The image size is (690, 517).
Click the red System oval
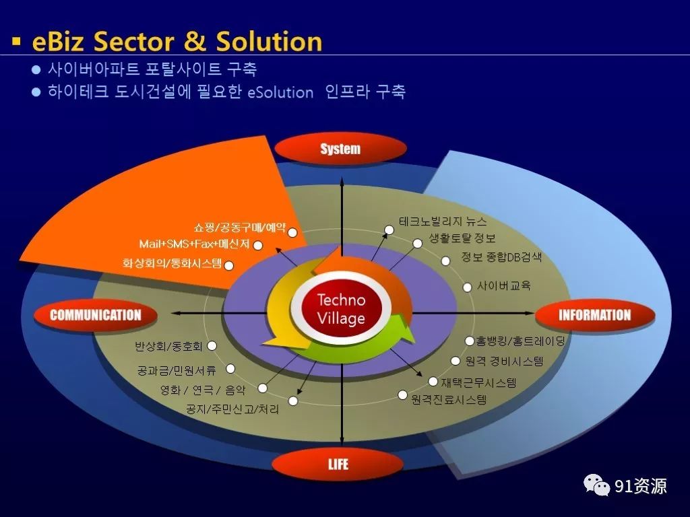pyautogui.click(x=340, y=149)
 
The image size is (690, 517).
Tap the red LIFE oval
pyautogui.click(x=338, y=464)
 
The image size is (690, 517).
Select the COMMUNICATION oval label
pyautogui.click(x=96, y=315)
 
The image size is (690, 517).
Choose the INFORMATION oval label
pyautogui.click(x=594, y=315)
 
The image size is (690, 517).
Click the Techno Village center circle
pyautogui.click(x=341, y=308)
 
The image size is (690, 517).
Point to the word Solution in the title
pyautogui.click(x=269, y=41)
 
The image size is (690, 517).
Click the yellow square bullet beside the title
pyautogui.click(x=17, y=41)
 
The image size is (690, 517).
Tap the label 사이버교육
pyautogui.click(x=504, y=285)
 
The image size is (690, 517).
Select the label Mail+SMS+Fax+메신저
pyautogui.click(x=195, y=244)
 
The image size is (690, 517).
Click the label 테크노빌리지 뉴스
pyautogui.click(x=443, y=221)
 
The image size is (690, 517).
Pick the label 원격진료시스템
pyautogui.click(x=448, y=400)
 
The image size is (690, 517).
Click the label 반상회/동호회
pyautogui.click(x=168, y=347)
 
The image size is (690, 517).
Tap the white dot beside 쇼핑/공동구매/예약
pyautogui.click(x=292, y=232)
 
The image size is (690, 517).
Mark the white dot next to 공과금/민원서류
pyautogui.click(x=230, y=369)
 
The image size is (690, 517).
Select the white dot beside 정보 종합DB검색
pyautogui.click(x=445, y=261)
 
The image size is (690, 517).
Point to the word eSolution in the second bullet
pyautogui.click(x=280, y=93)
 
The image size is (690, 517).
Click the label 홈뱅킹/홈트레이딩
pyautogui.click(x=520, y=341)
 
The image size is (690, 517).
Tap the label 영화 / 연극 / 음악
pyautogui.click(x=202, y=390)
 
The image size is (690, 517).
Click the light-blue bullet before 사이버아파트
pyautogui.click(x=36, y=69)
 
